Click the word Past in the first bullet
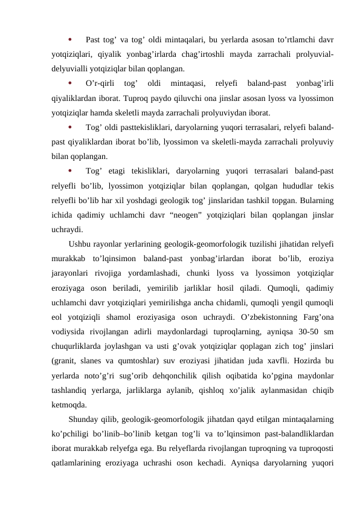coord(94,41)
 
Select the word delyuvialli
coord(71,68)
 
